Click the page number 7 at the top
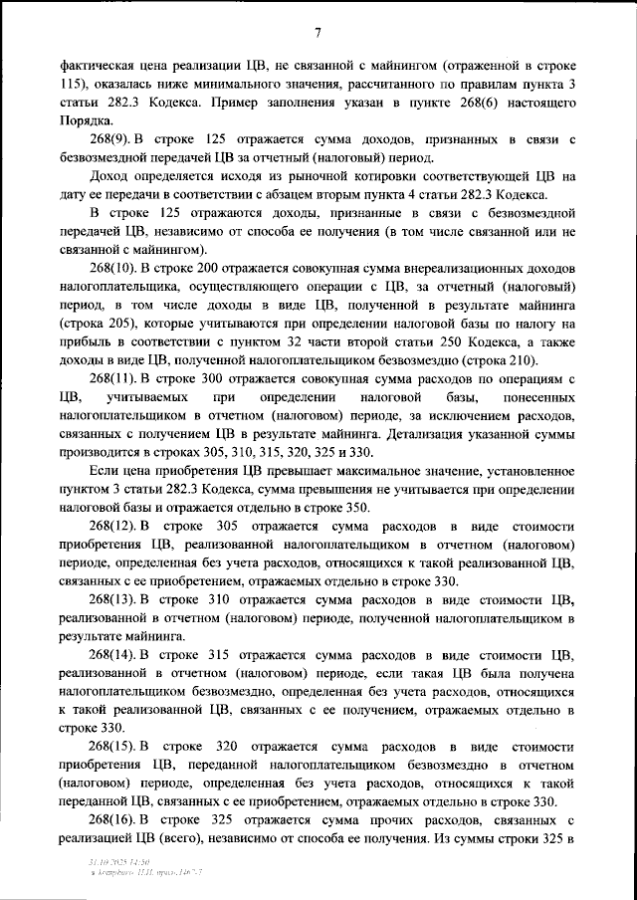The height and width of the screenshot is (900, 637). click(318, 33)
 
